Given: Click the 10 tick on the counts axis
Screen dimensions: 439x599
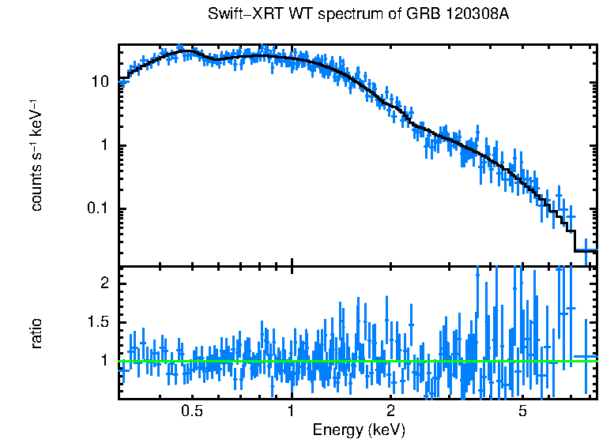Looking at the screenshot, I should coord(101,82).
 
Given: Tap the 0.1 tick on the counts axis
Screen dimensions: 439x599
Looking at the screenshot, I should coord(98,209).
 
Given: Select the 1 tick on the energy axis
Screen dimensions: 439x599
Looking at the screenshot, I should coord(292,411).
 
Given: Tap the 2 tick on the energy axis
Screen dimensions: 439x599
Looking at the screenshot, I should coord(391,411).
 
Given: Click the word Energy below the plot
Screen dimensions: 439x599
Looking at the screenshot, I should coord(337,430).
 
